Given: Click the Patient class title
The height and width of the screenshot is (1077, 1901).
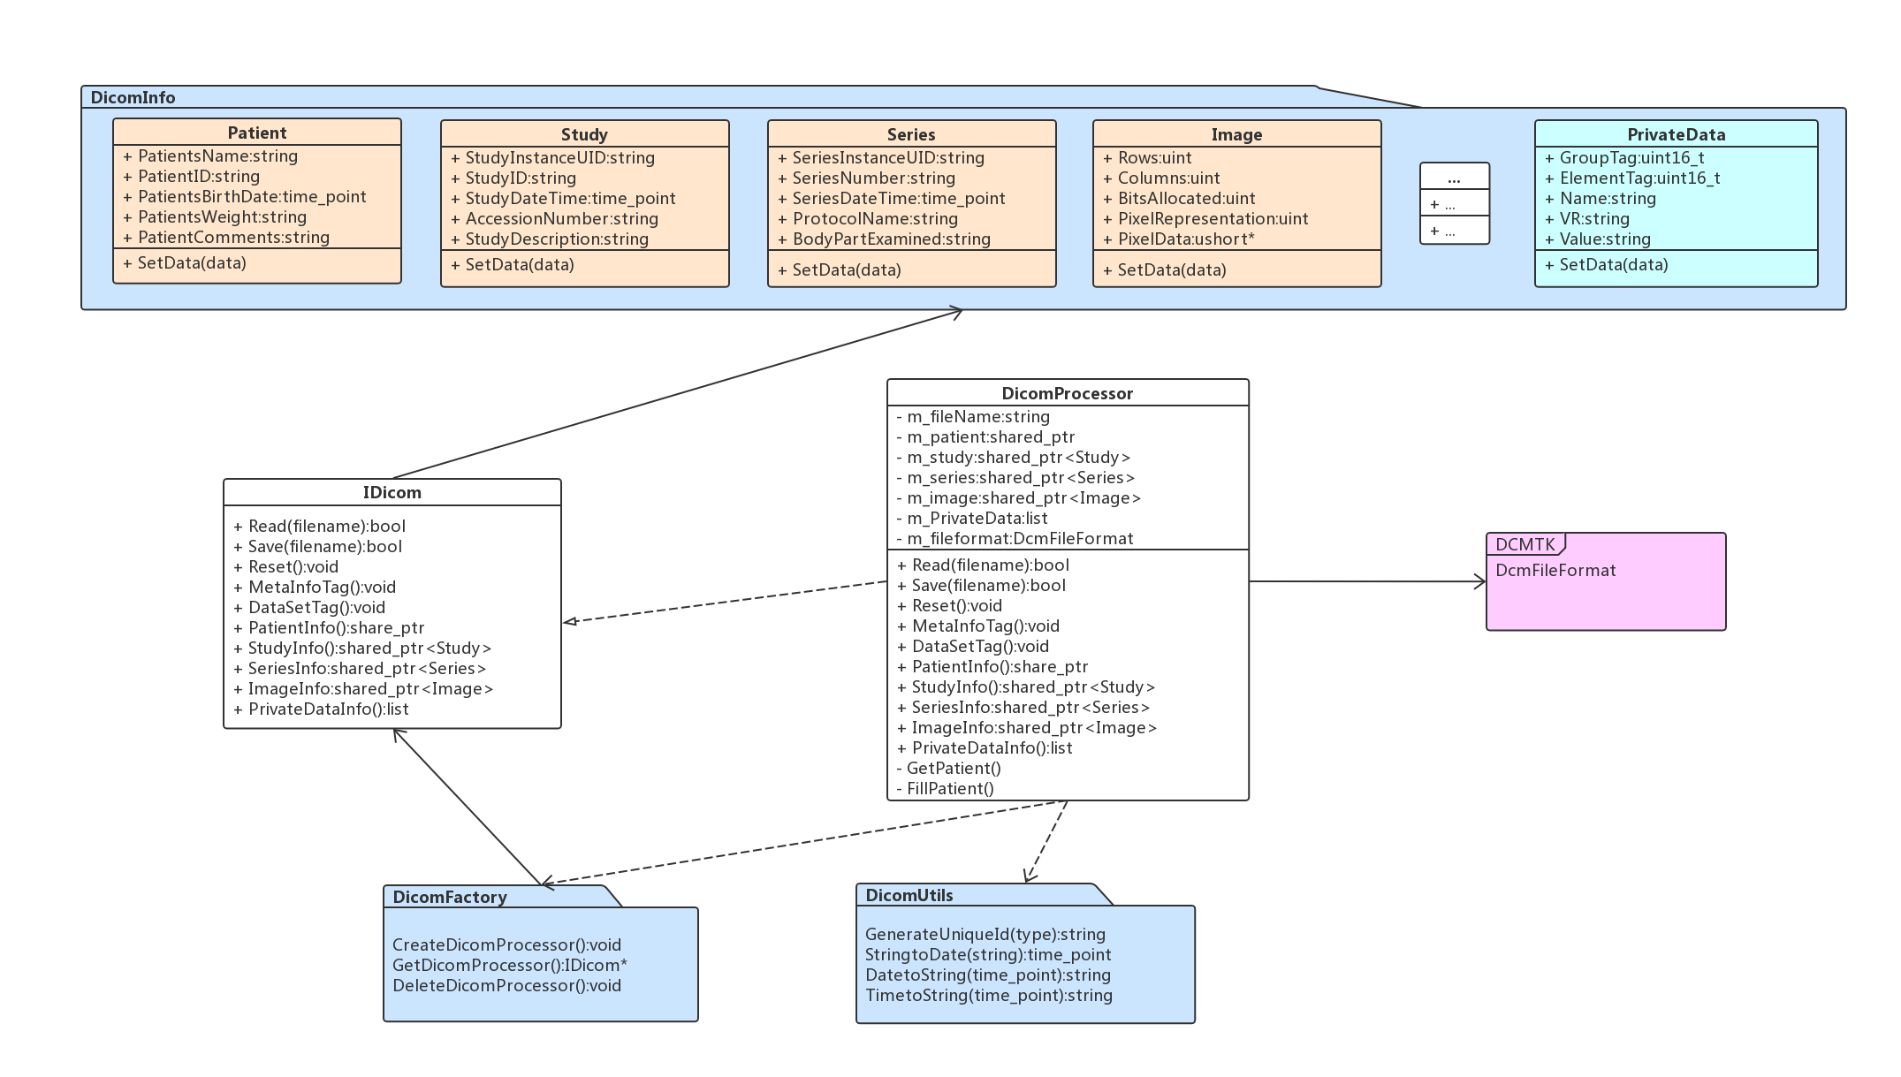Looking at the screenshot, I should (x=256, y=133).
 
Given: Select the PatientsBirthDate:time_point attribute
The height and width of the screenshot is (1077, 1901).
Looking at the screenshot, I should (x=252, y=197).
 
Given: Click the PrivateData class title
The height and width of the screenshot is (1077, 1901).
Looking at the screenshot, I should (x=1676, y=134).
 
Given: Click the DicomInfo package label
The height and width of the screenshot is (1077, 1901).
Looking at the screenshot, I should (x=133, y=97).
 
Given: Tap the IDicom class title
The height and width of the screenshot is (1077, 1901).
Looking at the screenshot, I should (x=392, y=492).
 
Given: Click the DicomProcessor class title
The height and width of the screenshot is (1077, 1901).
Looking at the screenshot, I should (x=1067, y=393).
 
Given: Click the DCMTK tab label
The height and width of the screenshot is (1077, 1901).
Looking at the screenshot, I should (x=1525, y=544).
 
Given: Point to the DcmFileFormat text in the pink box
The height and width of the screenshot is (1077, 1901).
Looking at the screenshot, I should (x=1555, y=571).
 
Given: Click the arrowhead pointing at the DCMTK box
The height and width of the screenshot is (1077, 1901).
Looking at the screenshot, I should (x=1480, y=581).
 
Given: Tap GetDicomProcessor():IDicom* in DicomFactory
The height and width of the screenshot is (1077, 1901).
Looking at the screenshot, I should (x=509, y=966).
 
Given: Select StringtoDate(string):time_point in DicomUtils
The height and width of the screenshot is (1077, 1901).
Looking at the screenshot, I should (x=988, y=955).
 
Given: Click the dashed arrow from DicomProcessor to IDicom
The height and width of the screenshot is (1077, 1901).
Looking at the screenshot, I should (x=725, y=602).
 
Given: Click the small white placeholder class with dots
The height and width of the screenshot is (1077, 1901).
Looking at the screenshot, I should (x=1454, y=203).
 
